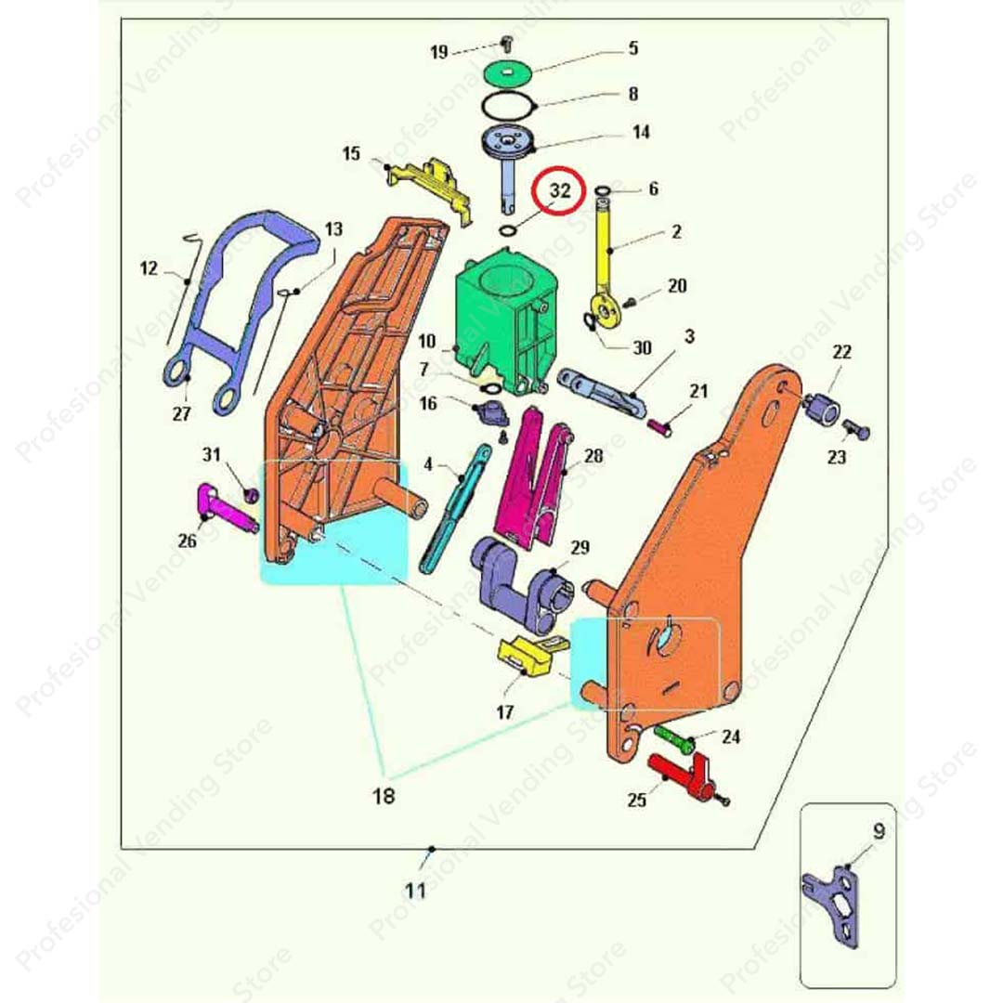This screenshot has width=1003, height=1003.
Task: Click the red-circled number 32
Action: pyautogui.click(x=560, y=190)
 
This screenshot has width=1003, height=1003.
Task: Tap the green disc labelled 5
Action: pyautogui.click(x=509, y=72)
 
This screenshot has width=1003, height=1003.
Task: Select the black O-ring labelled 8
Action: pyautogui.click(x=508, y=105)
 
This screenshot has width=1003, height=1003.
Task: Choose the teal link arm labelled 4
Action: pyautogui.click(x=455, y=510)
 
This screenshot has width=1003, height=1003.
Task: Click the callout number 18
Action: pyautogui.click(x=384, y=796)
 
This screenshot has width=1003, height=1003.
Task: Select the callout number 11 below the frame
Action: pyautogui.click(x=415, y=890)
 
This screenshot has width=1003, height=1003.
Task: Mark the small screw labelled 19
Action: pyautogui.click(x=507, y=44)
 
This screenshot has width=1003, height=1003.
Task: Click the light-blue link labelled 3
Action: pyautogui.click(x=602, y=393)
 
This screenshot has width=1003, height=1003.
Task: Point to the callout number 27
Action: pyautogui.click(x=181, y=414)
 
